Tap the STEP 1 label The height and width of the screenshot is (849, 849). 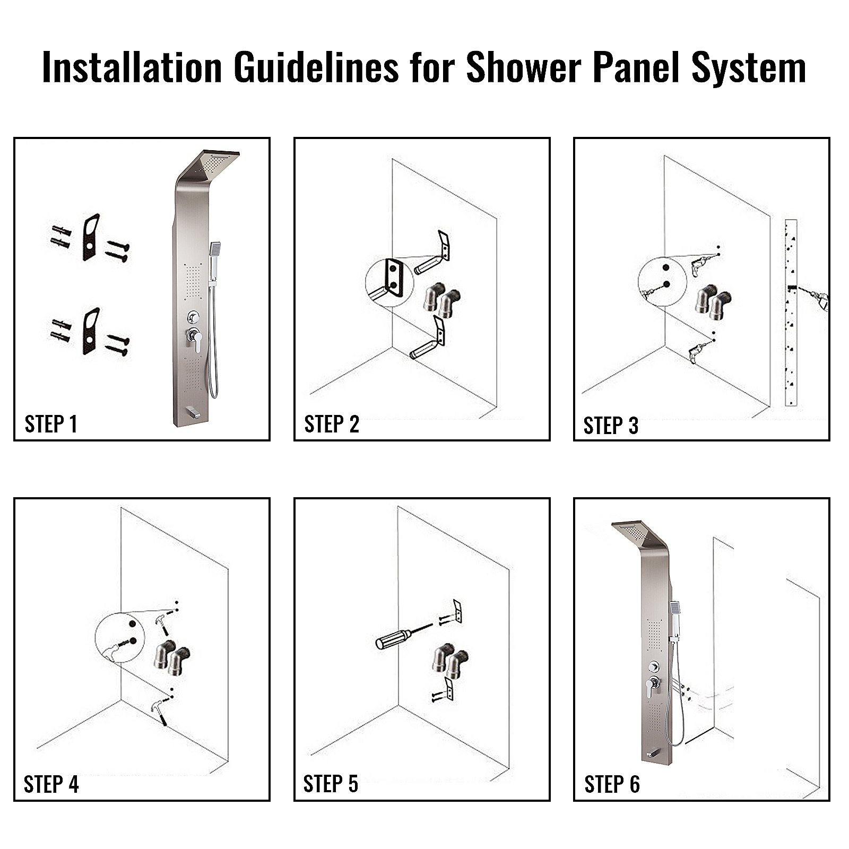51,424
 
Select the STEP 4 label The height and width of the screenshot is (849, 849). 51,784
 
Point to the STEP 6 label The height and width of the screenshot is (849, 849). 612,784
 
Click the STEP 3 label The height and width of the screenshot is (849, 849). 611,426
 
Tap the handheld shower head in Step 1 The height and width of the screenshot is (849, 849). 215,249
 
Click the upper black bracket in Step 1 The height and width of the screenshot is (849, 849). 91,237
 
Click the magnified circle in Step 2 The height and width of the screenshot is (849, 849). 389,283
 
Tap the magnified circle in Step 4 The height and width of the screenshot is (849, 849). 120,637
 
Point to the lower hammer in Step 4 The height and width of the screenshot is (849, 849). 159,708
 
